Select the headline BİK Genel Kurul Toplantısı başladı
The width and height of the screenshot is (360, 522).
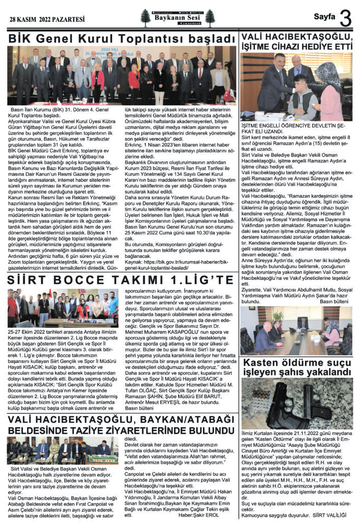tap(120, 38)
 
